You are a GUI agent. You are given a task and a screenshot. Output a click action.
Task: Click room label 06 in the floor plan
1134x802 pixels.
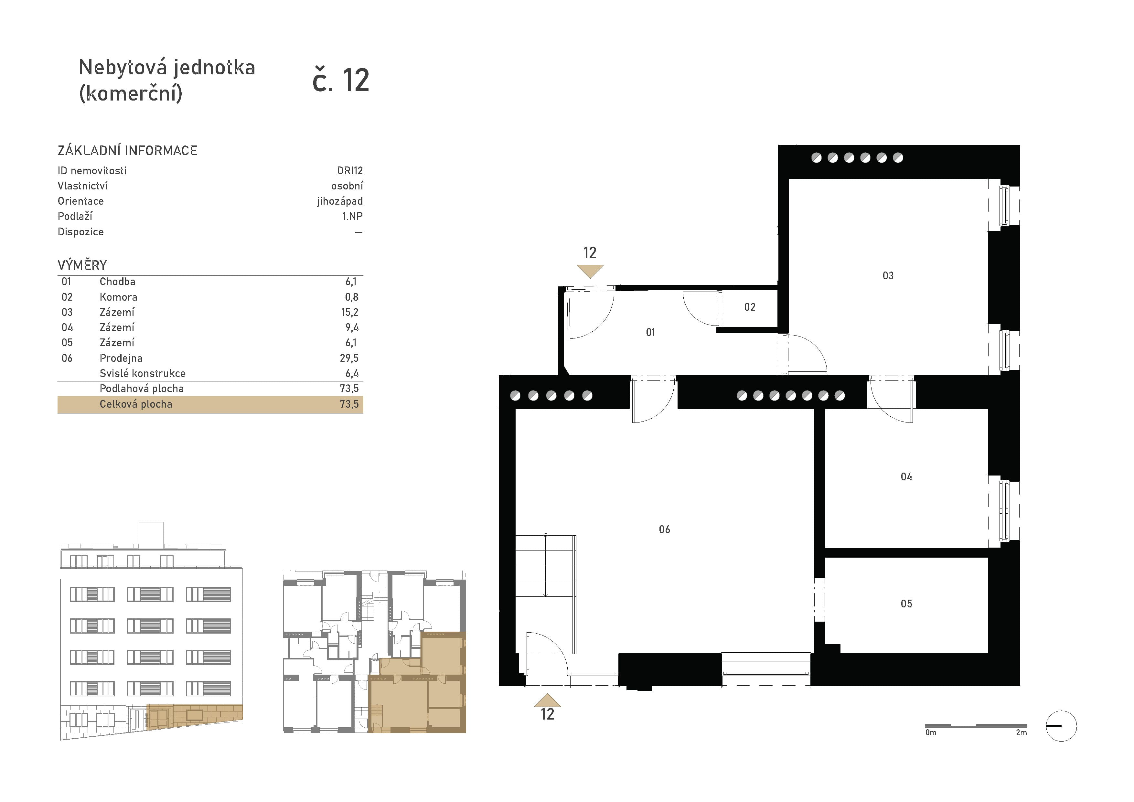click(664, 529)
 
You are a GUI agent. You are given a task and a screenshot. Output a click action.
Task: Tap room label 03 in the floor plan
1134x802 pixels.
click(888, 275)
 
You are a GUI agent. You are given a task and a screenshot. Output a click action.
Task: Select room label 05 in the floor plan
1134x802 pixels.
click(906, 604)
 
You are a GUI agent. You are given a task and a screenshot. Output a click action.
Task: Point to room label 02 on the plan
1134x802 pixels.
click(750, 307)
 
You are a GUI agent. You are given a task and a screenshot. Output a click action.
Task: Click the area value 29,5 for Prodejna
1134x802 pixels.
click(349, 358)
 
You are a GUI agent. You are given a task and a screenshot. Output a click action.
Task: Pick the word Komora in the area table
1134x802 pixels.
click(119, 297)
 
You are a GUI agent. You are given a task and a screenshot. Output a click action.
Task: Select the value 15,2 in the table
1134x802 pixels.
click(349, 312)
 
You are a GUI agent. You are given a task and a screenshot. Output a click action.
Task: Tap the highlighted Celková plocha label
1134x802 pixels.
click(136, 404)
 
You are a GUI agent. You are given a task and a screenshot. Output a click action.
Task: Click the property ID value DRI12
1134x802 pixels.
click(350, 170)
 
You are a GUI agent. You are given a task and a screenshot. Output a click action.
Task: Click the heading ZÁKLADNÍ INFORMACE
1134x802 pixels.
click(127, 151)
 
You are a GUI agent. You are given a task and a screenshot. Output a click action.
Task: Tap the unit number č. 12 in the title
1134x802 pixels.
click(341, 80)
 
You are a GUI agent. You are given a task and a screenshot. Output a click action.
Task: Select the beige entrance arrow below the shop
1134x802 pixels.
click(547, 700)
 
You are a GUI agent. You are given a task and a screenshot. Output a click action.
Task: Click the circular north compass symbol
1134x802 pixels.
click(1061, 726)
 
